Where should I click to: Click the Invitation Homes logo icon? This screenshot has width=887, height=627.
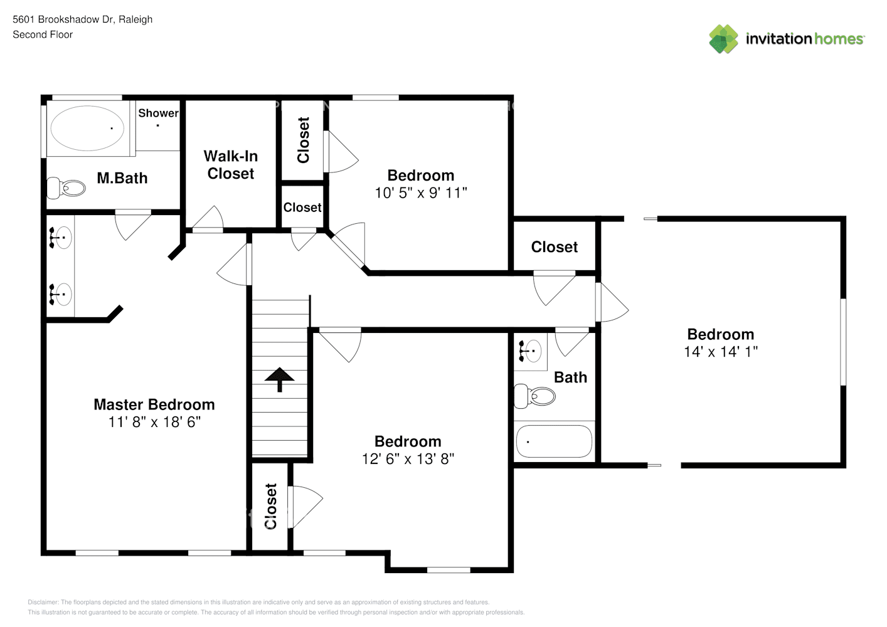coord(723,39)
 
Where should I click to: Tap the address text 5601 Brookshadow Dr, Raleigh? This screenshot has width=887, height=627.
coord(82,19)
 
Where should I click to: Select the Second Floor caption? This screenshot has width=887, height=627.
coord(43,34)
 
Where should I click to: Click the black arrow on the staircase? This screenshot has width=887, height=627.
coord(279,379)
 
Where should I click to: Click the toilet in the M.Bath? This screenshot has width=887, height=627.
coord(67,187)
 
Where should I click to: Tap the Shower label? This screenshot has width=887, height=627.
coord(158,113)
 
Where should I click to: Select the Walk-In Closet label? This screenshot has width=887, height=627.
coord(231,165)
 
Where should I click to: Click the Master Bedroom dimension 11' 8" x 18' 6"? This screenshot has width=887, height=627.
coord(154,422)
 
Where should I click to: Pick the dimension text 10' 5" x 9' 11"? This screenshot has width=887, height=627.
coord(421,193)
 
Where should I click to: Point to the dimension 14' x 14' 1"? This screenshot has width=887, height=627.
coord(721,352)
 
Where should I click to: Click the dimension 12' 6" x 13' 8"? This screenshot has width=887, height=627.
coord(408,459)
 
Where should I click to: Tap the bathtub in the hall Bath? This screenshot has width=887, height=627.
coord(554,441)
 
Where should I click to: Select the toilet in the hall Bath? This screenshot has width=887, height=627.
coord(535,396)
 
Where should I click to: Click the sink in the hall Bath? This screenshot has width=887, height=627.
coord(531,350)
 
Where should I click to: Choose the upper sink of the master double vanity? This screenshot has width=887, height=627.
coord(61,238)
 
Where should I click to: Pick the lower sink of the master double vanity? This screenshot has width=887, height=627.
coord(61,293)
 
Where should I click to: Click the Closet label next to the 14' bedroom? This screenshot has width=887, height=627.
coord(555,247)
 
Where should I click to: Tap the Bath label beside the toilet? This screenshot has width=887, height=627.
coord(570,377)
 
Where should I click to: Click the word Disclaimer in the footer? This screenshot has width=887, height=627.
coord(43,602)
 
